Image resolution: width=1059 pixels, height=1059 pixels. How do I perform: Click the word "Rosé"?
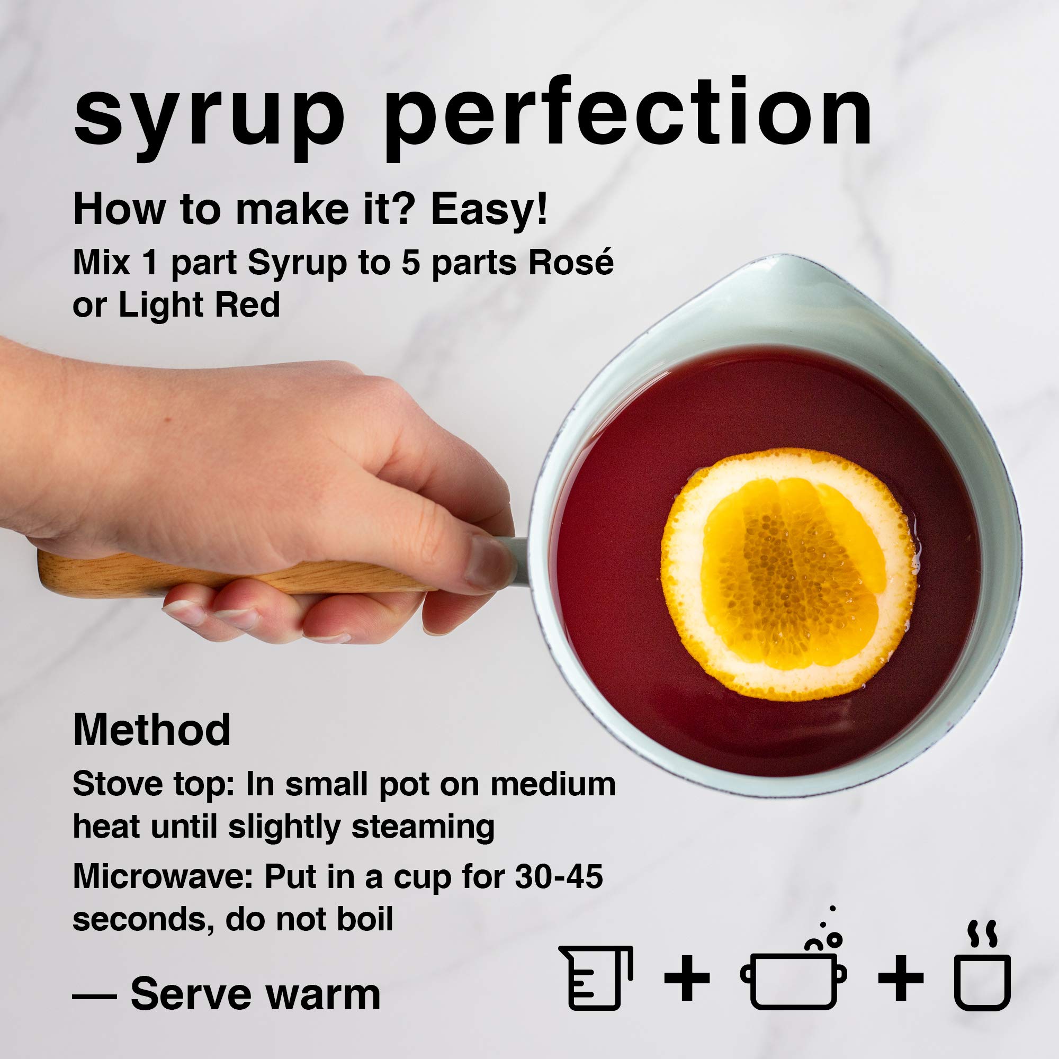point(571,263)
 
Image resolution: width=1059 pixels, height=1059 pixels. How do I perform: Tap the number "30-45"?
point(559,876)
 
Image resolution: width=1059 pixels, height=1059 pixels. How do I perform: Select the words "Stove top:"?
point(154,784)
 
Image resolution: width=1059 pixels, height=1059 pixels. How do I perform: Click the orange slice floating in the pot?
point(789,576)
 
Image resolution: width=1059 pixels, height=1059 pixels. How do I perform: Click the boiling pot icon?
point(793,976)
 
